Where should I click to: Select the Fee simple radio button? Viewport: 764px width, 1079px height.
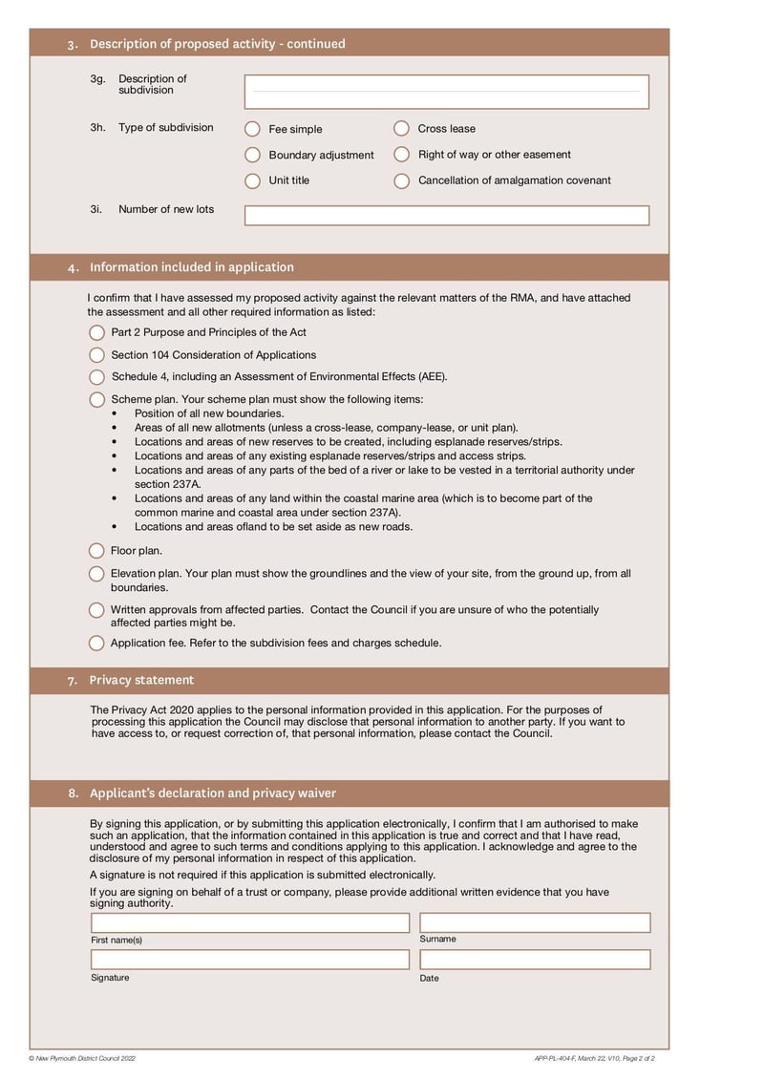(252, 129)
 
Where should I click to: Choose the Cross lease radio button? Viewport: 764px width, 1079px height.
(401, 128)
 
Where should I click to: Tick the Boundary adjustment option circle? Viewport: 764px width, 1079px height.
(252, 155)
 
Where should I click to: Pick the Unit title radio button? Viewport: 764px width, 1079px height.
(252, 180)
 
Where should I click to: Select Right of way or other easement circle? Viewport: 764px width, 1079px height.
(401, 155)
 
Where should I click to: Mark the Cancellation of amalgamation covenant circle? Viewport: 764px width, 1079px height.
(401, 180)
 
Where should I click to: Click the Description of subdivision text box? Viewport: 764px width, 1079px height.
(446, 92)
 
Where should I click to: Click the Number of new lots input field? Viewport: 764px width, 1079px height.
(446, 216)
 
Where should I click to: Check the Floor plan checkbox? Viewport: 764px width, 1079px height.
(96, 551)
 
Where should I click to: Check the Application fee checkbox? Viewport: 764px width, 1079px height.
(96, 644)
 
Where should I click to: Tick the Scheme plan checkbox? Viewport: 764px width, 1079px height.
(96, 400)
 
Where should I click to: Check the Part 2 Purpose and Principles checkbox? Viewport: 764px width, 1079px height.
(96, 332)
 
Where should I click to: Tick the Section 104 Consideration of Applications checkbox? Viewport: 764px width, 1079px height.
(96, 355)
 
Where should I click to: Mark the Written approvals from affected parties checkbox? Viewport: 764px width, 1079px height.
(96, 610)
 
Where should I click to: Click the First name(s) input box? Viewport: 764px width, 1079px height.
(249, 923)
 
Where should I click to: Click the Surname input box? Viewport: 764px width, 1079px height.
(535, 922)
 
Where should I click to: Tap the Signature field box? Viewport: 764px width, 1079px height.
(249, 960)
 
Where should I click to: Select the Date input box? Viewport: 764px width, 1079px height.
(535, 960)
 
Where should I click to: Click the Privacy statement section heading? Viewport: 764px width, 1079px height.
(141, 680)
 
